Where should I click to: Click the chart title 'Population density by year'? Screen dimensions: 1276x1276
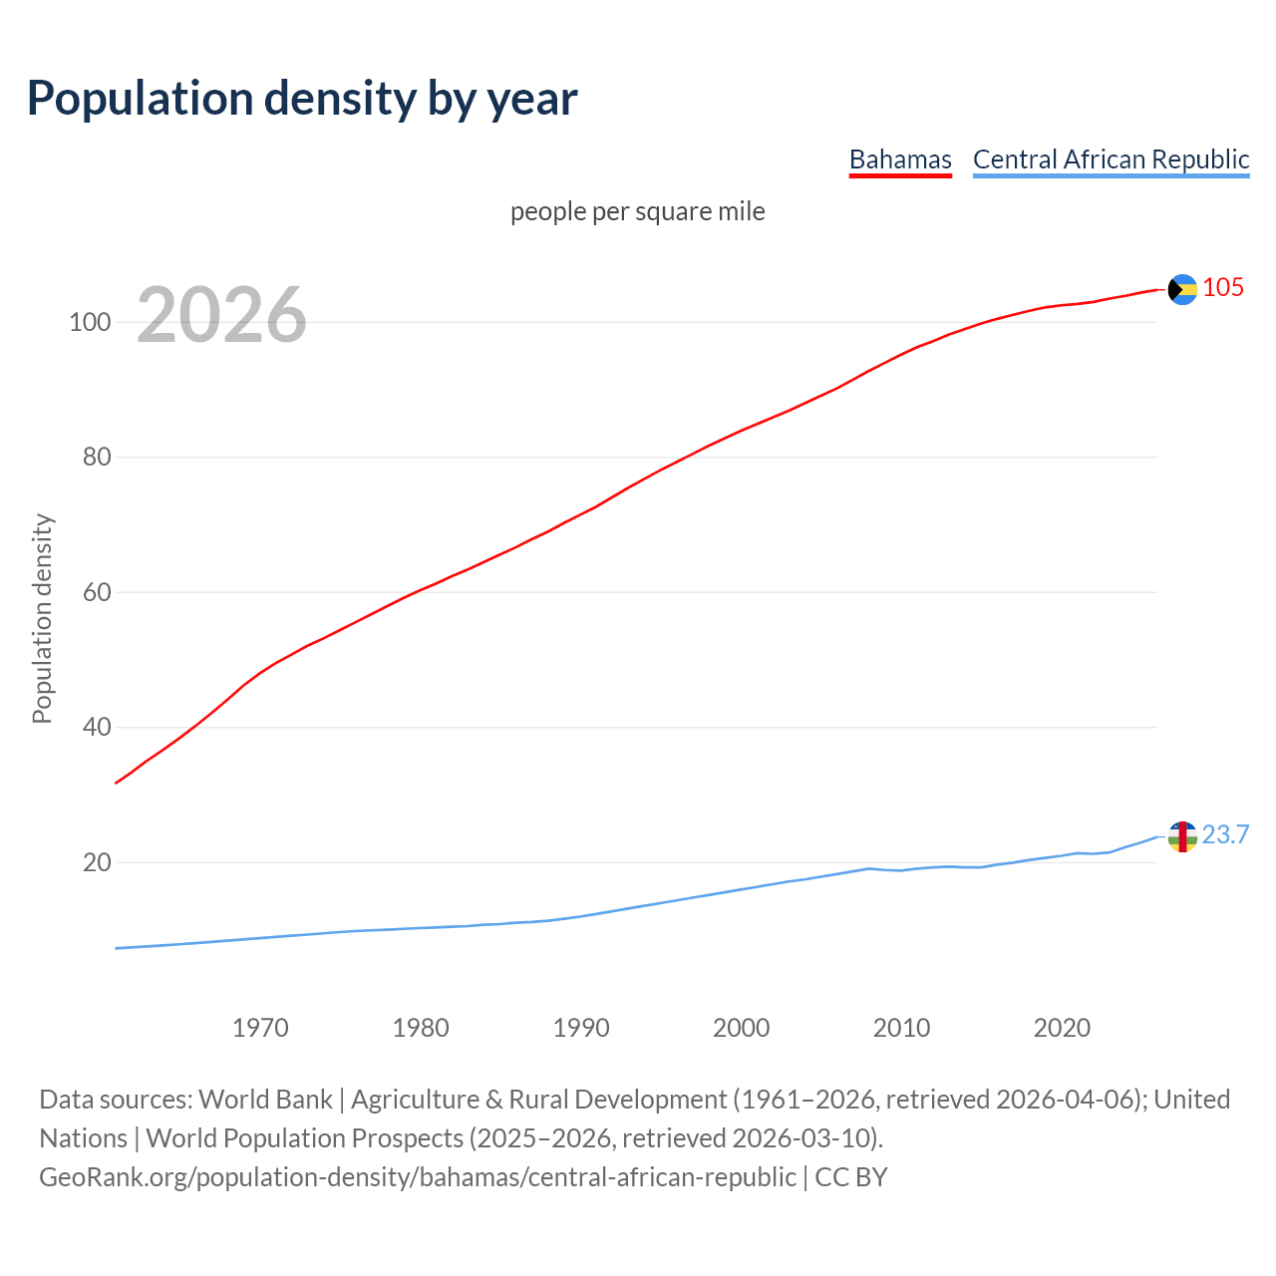click(302, 98)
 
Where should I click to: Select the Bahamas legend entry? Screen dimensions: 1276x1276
click(900, 159)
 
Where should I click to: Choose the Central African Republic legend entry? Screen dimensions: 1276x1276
click(1111, 159)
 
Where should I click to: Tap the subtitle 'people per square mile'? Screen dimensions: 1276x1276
click(638, 211)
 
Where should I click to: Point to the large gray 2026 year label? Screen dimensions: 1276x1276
click(221, 315)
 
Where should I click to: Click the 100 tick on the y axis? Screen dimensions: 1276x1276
click(90, 322)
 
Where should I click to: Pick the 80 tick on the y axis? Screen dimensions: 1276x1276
click(97, 458)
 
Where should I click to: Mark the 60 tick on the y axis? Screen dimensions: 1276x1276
click(97, 592)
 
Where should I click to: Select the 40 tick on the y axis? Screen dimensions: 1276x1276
click(97, 728)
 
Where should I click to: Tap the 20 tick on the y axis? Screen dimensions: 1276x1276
click(97, 862)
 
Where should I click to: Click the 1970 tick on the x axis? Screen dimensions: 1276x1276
click(260, 1028)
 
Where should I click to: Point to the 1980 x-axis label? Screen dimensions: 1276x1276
click(421, 1028)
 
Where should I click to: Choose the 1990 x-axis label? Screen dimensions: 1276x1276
click(581, 1028)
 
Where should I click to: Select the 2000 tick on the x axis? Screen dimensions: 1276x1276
click(742, 1028)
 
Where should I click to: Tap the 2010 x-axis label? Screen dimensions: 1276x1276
click(902, 1028)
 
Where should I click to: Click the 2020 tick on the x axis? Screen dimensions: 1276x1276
click(1063, 1028)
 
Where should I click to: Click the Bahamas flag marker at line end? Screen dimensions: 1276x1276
click(1182, 289)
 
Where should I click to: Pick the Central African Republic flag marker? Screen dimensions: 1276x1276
click(1182, 836)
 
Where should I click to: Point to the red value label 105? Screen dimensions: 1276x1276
click(1223, 287)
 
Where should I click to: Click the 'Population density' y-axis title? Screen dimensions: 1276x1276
click(42, 618)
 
